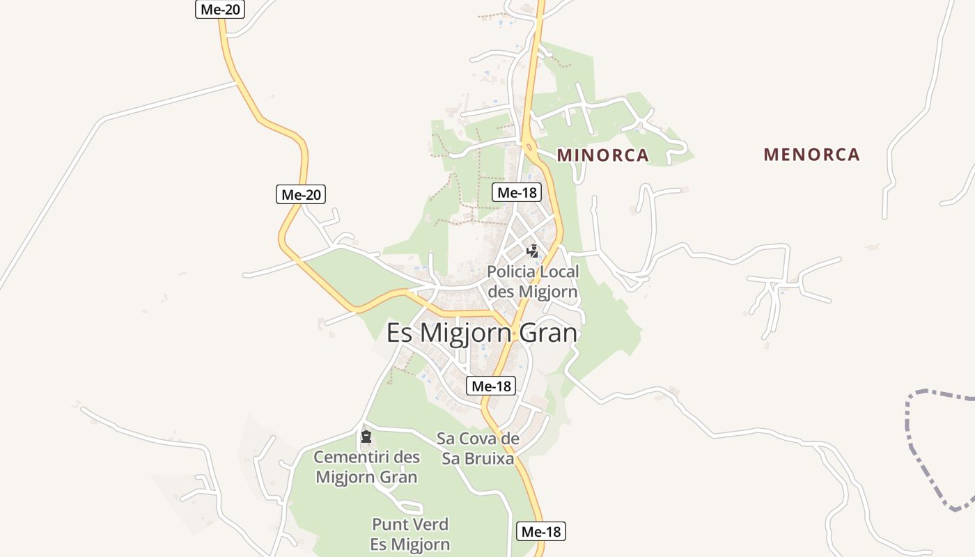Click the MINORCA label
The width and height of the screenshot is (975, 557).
[602, 155]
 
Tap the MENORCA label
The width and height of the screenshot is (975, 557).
[811, 155]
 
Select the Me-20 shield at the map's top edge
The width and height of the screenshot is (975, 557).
[219, 9]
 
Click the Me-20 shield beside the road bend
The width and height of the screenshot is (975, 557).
[301, 195]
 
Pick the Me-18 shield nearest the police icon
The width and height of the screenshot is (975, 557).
[517, 193]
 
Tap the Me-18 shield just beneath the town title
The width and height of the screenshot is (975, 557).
[491, 386]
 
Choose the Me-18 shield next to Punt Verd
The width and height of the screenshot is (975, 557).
[541, 532]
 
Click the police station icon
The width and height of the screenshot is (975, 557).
[533, 251]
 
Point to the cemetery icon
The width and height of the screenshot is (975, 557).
[366, 437]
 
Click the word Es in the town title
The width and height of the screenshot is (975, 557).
[400, 334]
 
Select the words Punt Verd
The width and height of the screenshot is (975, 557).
[409, 524]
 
